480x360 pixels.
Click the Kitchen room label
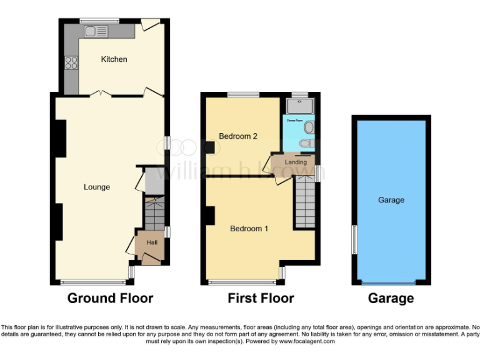coord(114,59)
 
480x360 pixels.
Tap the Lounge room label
coord(97,187)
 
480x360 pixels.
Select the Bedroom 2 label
coord(238,136)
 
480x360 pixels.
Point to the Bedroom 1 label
coord(249,229)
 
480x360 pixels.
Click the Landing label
coord(296,162)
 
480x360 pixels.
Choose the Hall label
coord(152,242)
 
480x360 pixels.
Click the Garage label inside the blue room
coord(391,200)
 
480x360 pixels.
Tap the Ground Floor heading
coord(110,298)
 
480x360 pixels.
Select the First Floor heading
coord(261,298)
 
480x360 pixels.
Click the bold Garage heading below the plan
coord(391,298)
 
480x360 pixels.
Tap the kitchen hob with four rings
coord(71,62)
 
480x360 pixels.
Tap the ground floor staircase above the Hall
coord(154,214)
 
